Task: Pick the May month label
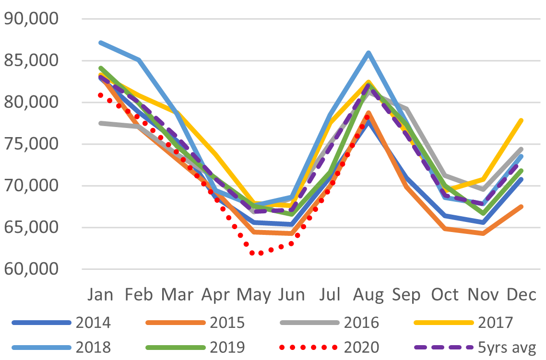click(x=254, y=294)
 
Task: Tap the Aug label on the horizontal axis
click(x=368, y=294)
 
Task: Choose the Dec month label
click(x=521, y=294)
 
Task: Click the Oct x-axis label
click(x=445, y=294)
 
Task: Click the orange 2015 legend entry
click(x=227, y=322)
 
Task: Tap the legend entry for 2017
click(x=496, y=322)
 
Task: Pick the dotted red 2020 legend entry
click(x=361, y=346)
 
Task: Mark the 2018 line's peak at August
click(x=368, y=53)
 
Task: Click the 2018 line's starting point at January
click(x=101, y=43)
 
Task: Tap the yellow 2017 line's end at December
click(x=521, y=120)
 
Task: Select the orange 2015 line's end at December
click(x=521, y=207)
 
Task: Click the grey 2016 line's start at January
click(x=101, y=123)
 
